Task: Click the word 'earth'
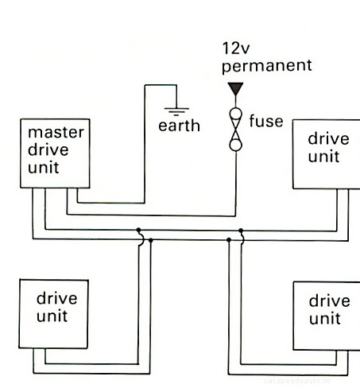tap(179, 126)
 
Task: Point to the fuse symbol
tap(235, 128)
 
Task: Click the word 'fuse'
tap(265, 122)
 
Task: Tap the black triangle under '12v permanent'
tap(234, 89)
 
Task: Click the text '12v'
tap(237, 49)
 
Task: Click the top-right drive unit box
tap(326, 153)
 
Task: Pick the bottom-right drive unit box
tap(326, 316)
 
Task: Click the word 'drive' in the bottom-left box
tap(56, 299)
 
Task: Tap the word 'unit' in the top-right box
tap(323, 157)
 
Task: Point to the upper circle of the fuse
tap(235, 114)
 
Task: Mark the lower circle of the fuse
tap(235, 143)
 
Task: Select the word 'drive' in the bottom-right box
tap(329, 301)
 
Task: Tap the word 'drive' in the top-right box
tap(328, 139)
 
